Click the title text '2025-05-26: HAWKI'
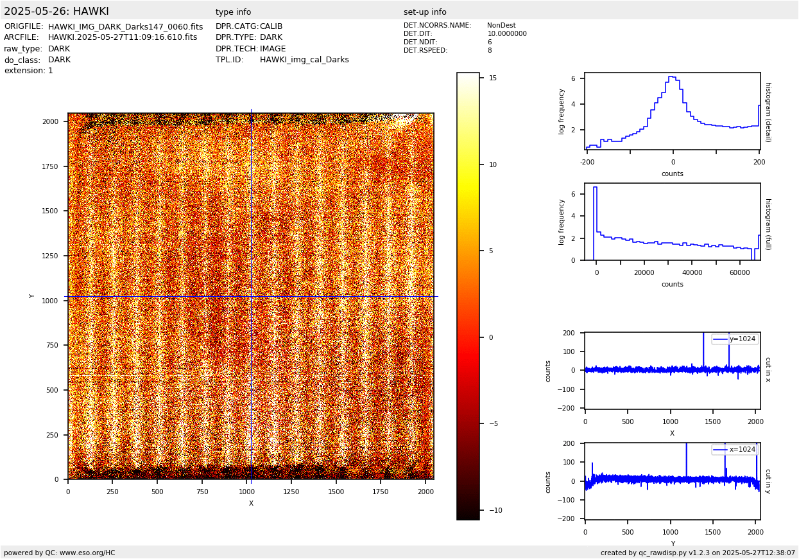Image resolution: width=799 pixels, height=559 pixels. click(56, 12)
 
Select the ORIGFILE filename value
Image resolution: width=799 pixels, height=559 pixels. click(125, 27)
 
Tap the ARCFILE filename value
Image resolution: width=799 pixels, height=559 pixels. click(123, 38)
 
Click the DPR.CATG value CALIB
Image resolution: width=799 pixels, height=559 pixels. click(271, 27)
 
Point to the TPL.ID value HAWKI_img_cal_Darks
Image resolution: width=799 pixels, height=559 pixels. click(304, 60)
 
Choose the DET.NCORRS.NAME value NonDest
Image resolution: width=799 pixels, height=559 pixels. click(501, 26)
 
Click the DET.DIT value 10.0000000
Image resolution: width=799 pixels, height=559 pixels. click(507, 34)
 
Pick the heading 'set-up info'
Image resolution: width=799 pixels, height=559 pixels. click(425, 12)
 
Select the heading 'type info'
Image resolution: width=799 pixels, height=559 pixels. click(233, 12)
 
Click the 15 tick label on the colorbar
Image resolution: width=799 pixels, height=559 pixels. click(493, 78)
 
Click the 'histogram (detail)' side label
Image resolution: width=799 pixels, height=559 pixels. click(768, 112)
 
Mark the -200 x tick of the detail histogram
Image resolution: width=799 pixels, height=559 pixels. click(587, 162)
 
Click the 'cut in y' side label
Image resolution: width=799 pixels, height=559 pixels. click(768, 481)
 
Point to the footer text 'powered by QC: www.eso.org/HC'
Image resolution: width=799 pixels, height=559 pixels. click(60, 553)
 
